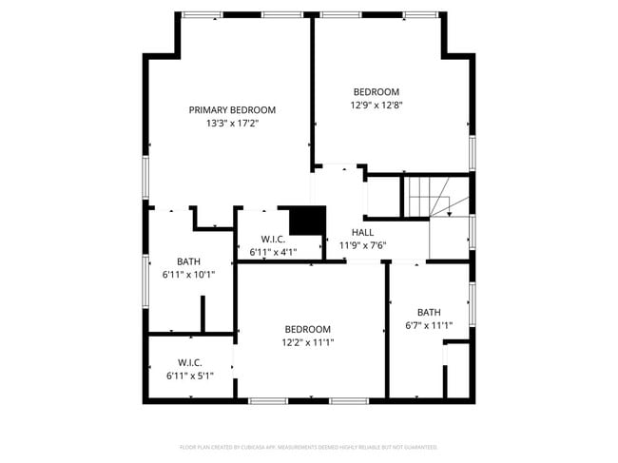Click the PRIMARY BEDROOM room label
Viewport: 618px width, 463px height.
tap(232, 110)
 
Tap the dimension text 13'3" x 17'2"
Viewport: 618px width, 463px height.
tap(232, 124)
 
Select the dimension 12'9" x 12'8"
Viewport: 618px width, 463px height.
tap(376, 106)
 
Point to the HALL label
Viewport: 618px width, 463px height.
tap(362, 232)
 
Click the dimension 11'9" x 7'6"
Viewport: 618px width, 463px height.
tap(362, 245)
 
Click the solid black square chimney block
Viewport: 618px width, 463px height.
tap(307, 221)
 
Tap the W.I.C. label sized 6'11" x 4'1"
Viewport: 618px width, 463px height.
tap(274, 240)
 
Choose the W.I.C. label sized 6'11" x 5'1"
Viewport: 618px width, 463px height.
tap(190, 362)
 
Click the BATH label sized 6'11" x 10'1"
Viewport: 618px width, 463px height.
tap(189, 261)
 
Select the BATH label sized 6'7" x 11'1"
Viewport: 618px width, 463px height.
tap(429, 312)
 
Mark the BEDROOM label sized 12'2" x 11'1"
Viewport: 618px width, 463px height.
tap(307, 329)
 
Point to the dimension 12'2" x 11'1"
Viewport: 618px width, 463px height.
tap(307, 342)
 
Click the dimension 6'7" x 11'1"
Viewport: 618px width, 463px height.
tap(429, 325)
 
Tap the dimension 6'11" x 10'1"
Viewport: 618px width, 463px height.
tap(189, 275)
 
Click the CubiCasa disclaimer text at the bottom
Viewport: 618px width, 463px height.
tap(308, 447)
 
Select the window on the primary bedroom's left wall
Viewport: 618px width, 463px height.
tap(145, 178)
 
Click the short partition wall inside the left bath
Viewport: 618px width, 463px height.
tap(203, 314)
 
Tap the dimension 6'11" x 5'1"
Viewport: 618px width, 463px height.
tap(190, 376)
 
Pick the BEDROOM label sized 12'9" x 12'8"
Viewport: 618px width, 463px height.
tap(376, 92)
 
